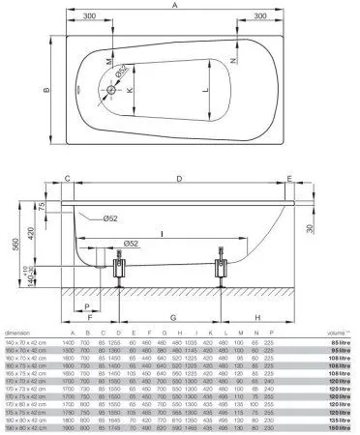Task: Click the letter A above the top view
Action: (175, 5)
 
